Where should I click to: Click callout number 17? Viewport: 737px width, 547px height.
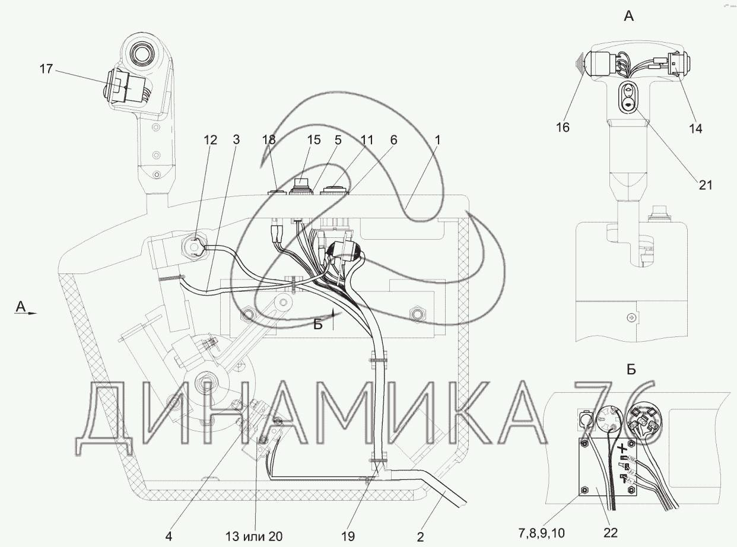tap(46, 69)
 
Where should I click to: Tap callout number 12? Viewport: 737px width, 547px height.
tap(210, 140)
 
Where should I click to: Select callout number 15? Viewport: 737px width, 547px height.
tap(314, 140)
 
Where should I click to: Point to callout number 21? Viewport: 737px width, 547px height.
tap(706, 185)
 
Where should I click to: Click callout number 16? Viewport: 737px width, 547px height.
tap(563, 128)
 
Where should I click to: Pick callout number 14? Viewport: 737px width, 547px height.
tap(695, 129)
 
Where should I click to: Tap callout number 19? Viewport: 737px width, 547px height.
tap(348, 536)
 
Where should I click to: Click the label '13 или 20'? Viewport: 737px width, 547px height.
tap(254, 536)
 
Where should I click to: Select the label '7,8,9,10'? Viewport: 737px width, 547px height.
tap(541, 533)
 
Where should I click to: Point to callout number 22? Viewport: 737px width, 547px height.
tap(610, 533)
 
